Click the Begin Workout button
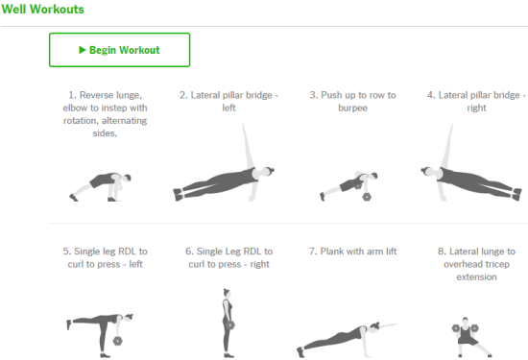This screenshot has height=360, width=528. pos(120,50)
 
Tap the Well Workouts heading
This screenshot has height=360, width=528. pos(43,9)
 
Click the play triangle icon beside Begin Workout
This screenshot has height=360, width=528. pos(83,50)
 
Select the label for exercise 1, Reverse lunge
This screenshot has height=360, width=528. pos(105,114)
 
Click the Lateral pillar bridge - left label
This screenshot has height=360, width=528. pos(229,102)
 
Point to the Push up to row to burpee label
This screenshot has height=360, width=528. pos(352,102)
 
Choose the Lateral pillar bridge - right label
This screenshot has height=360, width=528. pos(476,102)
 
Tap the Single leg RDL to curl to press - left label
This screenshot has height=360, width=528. pos(105,257)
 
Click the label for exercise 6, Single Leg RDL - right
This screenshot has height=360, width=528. pos(229,257)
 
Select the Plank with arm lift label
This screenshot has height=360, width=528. pos(352,252)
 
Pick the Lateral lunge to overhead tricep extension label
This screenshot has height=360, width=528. pos(476,264)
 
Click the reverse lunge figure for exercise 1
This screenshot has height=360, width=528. pos(101,187)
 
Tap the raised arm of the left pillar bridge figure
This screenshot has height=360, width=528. pos(247,146)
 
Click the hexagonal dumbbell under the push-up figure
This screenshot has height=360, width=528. pos(367,197)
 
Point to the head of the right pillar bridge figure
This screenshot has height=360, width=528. pos(427,171)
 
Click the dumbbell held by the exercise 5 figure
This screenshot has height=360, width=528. pos(117,341)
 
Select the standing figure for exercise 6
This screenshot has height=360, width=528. pos(228,323)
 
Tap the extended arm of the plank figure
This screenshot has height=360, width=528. pos(388,325)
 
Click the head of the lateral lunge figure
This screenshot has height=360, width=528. pos(465,321)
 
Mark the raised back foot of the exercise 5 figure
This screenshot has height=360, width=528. pos(69,324)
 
